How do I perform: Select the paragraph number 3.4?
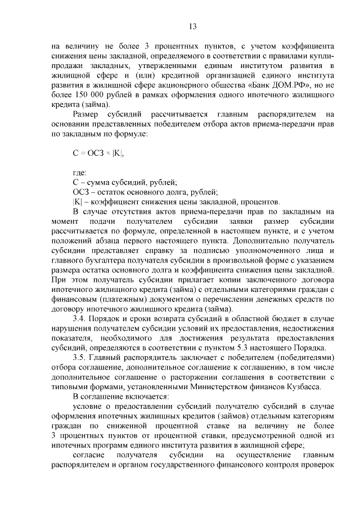point(79,318)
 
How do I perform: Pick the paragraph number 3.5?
point(79,357)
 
